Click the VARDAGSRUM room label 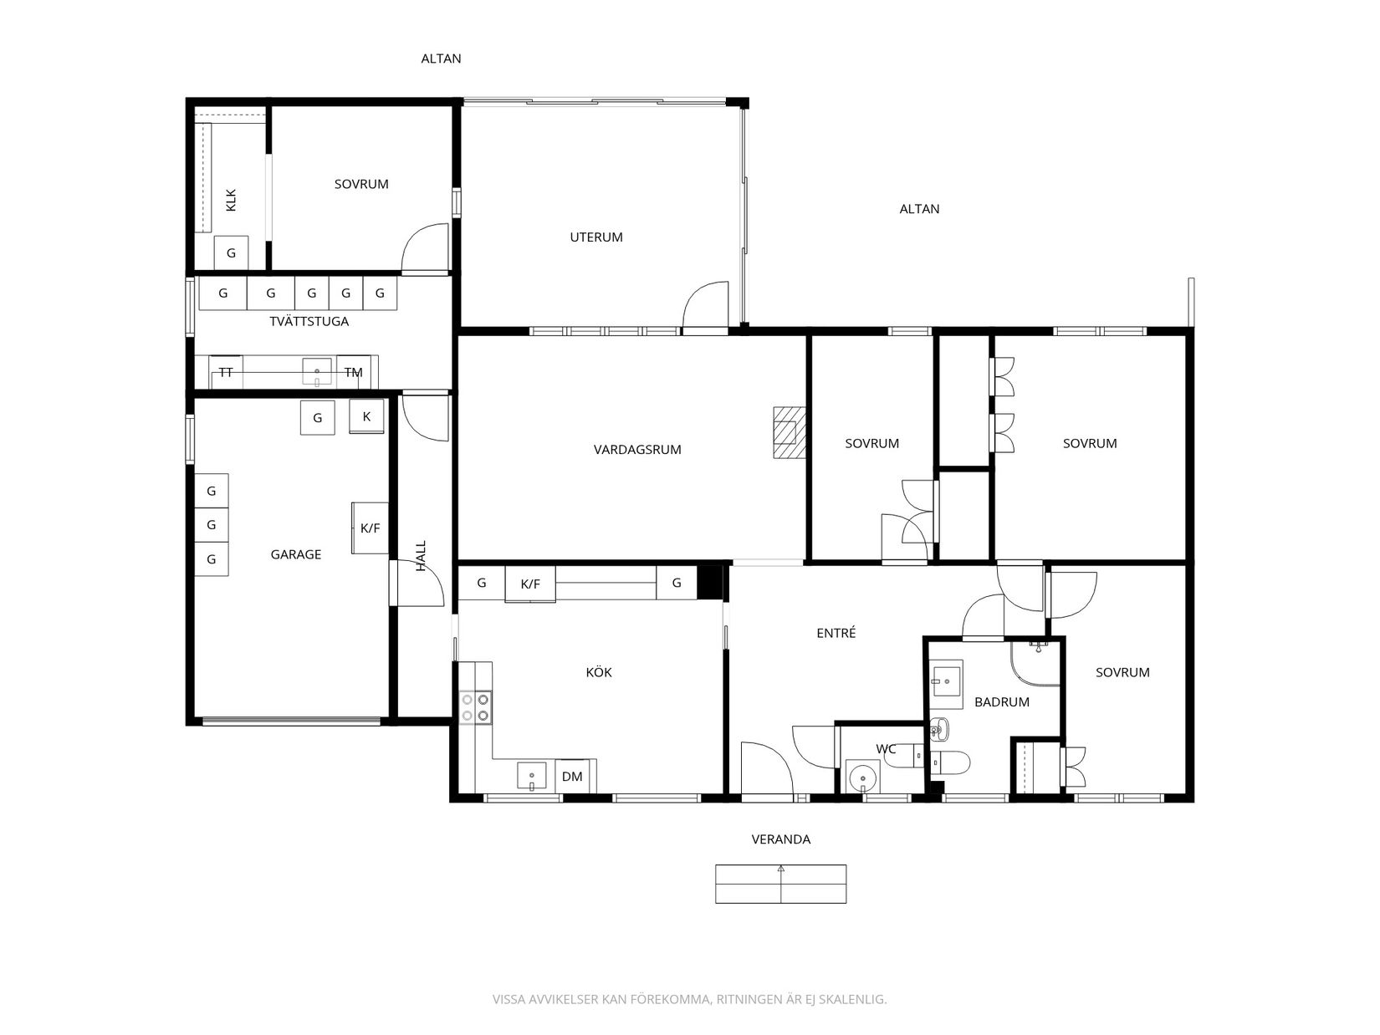(636, 449)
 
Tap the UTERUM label (596, 237)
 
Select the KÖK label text (599, 672)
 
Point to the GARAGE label (295, 554)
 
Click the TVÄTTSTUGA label (309, 321)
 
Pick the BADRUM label (1001, 702)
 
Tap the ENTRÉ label (836, 633)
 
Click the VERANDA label (781, 839)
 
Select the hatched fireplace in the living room (789, 432)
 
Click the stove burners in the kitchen (475, 707)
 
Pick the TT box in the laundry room (226, 372)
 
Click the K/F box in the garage (370, 528)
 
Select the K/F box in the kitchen (530, 584)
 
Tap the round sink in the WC (862, 778)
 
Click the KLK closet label (231, 200)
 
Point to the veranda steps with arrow (781, 885)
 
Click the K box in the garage (366, 416)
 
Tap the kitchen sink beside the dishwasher (532, 776)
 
